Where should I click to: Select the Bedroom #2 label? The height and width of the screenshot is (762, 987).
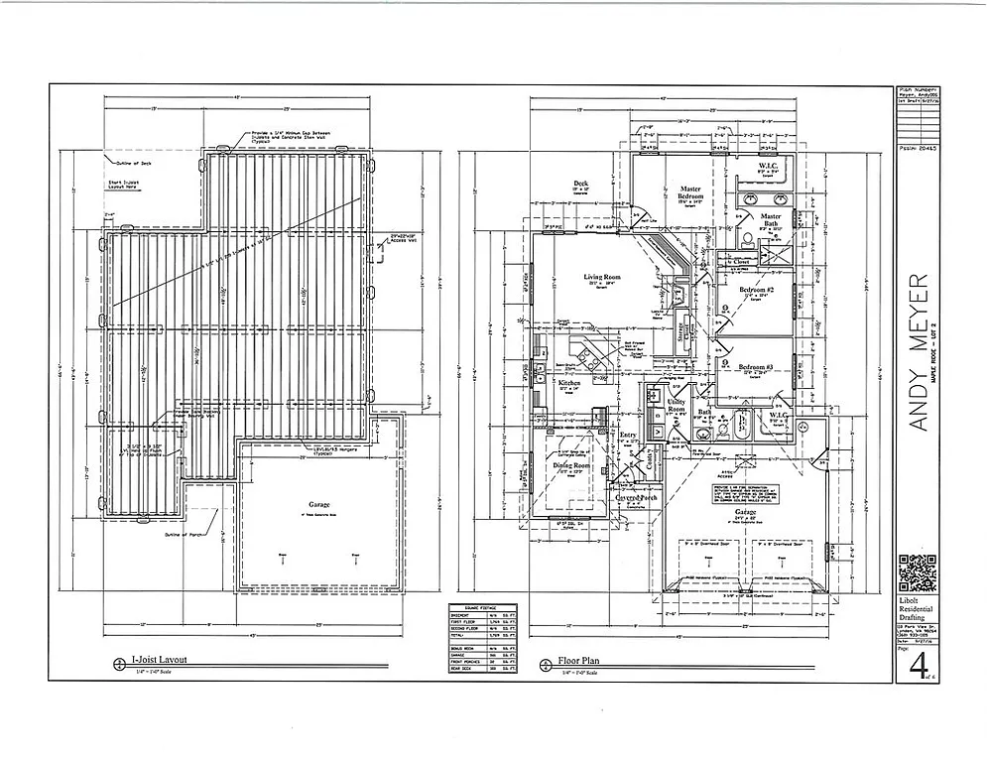tap(757, 290)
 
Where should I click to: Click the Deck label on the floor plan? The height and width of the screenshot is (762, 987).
tap(581, 184)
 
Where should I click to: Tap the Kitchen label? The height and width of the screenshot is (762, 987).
tap(568, 383)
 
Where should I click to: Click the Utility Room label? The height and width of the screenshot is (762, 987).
tap(677, 405)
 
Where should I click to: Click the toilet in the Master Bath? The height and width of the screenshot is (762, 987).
tap(745, 238)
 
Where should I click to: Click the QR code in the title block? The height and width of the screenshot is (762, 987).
tap(917, 573)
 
